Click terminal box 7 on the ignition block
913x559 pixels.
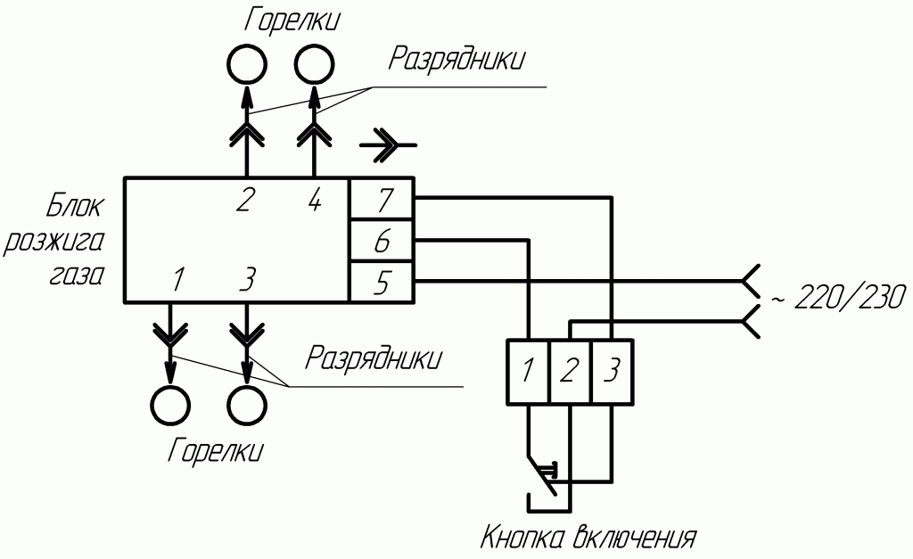coord(380,199)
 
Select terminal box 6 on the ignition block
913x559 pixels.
coord(380,241)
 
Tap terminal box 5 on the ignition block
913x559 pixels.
coord(380,282)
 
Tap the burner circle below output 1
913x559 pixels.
coord(169,406)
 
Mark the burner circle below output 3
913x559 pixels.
coord(247,406)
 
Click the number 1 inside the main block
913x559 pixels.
coord(177,280)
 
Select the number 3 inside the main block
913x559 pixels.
coord(247,280)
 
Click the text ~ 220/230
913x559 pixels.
coord(838,297)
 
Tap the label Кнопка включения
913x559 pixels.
coord(588,538)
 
